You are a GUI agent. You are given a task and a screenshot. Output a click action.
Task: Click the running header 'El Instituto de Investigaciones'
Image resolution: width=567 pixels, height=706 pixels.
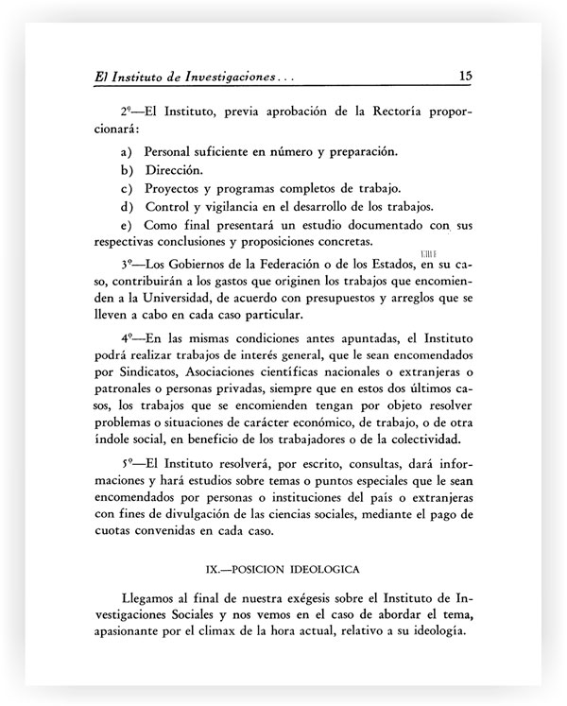pyautogui.click(x=177, y=76)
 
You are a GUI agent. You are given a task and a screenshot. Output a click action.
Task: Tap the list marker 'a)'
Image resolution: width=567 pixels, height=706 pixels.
pyautogui.click(x=125, y=151)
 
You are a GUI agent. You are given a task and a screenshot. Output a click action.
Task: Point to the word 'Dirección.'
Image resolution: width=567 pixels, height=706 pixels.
pyautogui.click(x=173, y=169)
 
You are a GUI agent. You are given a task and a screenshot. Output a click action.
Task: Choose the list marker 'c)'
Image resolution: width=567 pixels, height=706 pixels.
pyautogui.click(x=125, y=187)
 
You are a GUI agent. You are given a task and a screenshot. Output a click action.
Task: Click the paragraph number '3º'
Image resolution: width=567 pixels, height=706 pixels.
pyautogui.click(x=128, y=263)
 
